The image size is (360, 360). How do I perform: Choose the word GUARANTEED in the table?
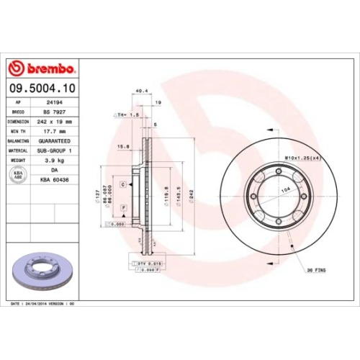tap(55, 141)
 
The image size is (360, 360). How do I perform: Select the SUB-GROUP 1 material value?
tap(55, 150)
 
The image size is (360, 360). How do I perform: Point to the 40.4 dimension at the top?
tap(140, 91)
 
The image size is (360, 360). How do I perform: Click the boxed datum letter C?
tap(123, 185)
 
